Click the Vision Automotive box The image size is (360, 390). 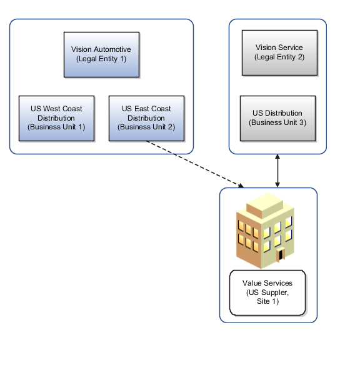click(x=101, y=54)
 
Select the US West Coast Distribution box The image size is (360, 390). click(x=56, y=117)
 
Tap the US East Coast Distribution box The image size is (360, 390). click(x=147, y=117)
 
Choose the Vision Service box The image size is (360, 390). click(x=278, y=52)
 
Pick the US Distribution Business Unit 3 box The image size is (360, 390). click(x=277, y=117)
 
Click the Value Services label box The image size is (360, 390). click(x=267, y=292)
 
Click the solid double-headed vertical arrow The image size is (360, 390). click(x=277, y=170)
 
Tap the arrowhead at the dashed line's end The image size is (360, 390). click(x=240, y=184)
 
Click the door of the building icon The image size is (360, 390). click(x=281, y=254)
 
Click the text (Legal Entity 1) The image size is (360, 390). click(x=101, y=59)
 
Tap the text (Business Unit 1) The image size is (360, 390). click(x=56, y=127)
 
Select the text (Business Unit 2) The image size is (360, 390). click(x=147, y=127)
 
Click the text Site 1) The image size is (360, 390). click(x=267, y=301)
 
